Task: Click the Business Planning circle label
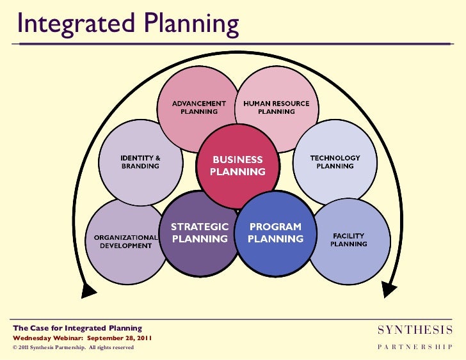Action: pyautogui.click(x=238, y=166)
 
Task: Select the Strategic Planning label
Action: pyautogui.click(x=199, y=233)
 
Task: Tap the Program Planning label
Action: pyautogui.click(x=275, y=233)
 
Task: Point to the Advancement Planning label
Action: pyautogui.click(x=199, y=107)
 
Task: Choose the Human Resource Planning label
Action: pyautogui.click(x=276, y=107)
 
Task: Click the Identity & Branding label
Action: pyautogui.click(x=141, y=161)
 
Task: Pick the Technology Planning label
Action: pyautogui.click(x=335, y=162)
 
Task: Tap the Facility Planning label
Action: pyautogui.click(x=348, y=239)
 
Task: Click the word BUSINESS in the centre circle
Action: pyautogui.click(x=237, y=159)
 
